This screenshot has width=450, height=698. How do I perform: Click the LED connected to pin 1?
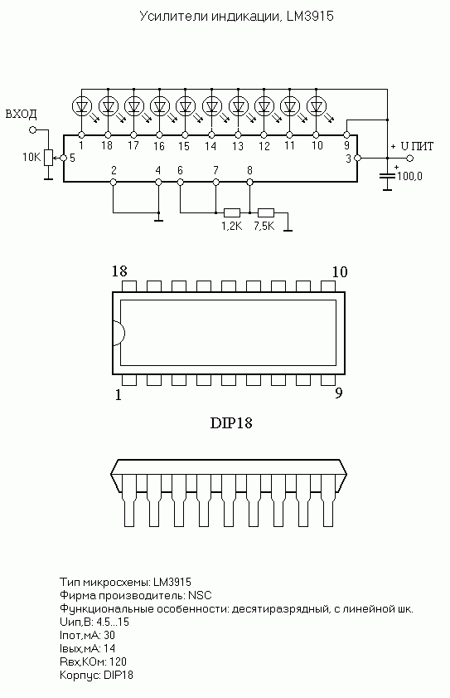[82, 106]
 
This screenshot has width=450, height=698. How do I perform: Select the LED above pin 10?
[316, 106]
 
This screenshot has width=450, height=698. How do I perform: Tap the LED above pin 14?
[211, 106]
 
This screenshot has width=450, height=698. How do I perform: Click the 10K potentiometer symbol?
[48, 158]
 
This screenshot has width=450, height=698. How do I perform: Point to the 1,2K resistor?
[232, 212]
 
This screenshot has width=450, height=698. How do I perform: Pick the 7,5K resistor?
[266, 212]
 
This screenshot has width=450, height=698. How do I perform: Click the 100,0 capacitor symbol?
[388, 175]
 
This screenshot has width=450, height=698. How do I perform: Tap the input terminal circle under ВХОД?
[32, 130]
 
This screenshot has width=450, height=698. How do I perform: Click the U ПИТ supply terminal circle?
[409, 158]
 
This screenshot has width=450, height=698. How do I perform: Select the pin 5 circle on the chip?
[63, 158]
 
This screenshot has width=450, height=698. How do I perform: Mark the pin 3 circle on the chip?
[357, 158]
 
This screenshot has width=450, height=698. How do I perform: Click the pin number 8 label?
[250, 170]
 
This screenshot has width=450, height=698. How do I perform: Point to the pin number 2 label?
[114, 170]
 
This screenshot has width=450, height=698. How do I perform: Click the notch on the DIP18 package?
[119, 333]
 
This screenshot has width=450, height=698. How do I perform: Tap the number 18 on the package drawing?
[119, 271]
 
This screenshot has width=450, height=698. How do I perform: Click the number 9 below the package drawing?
[339, 393]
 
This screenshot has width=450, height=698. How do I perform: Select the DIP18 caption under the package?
[231, 422]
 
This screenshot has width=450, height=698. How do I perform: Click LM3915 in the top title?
[310, 17]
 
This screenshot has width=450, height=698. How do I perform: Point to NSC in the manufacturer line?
[200, 595]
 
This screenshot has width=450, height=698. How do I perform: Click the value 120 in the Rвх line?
[118, 661]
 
